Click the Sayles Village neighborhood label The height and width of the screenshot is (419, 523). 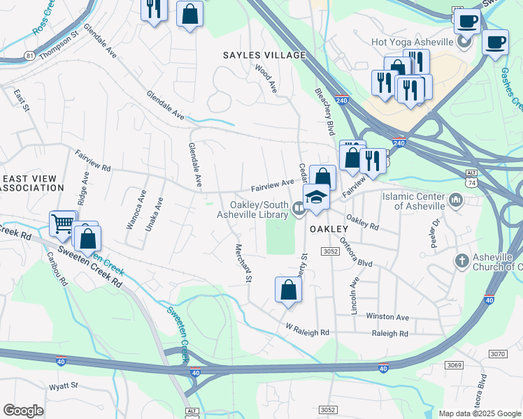pos(264,55)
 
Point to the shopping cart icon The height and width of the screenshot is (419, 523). pos(62,224)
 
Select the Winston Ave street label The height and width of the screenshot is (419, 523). pos(387,317)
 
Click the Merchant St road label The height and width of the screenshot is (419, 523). pos(243,263)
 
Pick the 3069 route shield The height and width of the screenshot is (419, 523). pos(454,365)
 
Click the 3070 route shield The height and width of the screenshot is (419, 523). pos(497,355)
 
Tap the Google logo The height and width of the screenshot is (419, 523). pos(23,411)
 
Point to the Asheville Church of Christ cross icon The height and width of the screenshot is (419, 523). pos(461,261)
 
